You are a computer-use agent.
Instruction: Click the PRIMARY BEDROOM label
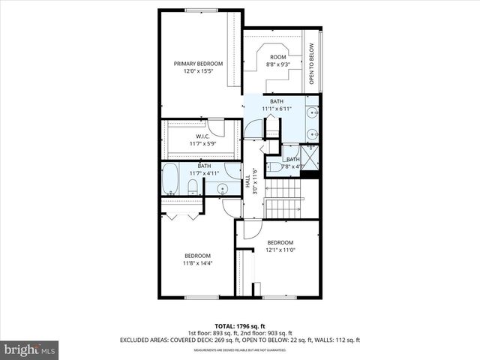click(x=199, y=64)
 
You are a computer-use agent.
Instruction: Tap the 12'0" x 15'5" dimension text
click(x=199, y=72)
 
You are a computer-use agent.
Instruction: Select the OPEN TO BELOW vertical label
click(x=312, y=64)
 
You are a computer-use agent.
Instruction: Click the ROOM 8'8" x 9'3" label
click(x=278, y=61)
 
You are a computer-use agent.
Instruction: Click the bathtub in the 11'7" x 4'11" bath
click(x=170, y=178)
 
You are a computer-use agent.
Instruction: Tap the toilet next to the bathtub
click(x=192, y=186)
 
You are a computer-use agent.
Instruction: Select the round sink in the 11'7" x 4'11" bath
click(x=222, y=188)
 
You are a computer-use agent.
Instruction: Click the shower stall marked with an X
click(x=310, y=159)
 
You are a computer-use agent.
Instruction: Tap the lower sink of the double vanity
click(x=312, y=135)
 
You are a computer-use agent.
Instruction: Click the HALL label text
click(x=248, y=181)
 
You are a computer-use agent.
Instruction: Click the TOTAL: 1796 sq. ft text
click(x=239, y=326)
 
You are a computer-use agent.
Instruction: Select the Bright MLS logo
click(x=30, y=349)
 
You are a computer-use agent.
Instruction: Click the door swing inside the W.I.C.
click(x=215, y=127)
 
